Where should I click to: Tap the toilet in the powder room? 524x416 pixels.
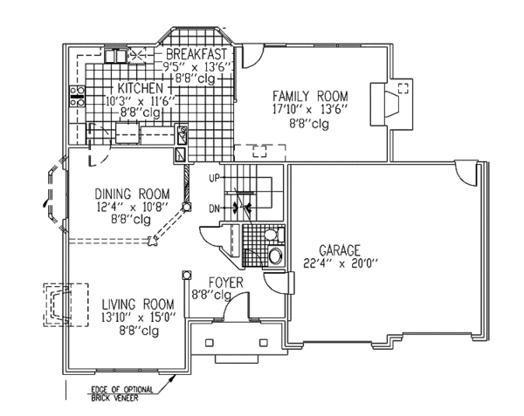coord(273,256)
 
